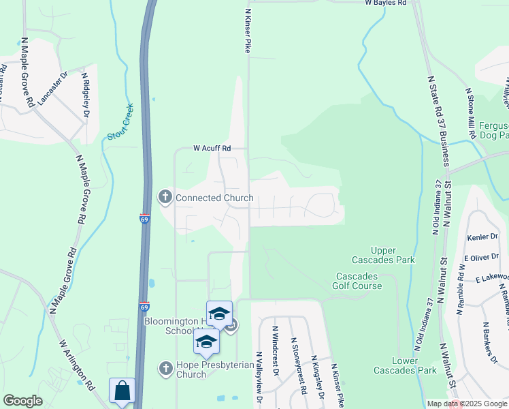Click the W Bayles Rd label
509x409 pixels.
385,3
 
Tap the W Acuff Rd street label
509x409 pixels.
212,148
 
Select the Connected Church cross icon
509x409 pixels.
165,198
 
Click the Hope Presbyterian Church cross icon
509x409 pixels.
165,369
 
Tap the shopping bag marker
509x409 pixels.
122,392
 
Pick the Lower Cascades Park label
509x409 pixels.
404,365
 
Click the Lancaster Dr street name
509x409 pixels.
53,88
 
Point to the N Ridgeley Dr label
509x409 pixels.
86,95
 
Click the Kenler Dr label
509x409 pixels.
483,238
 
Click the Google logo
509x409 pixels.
22,401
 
